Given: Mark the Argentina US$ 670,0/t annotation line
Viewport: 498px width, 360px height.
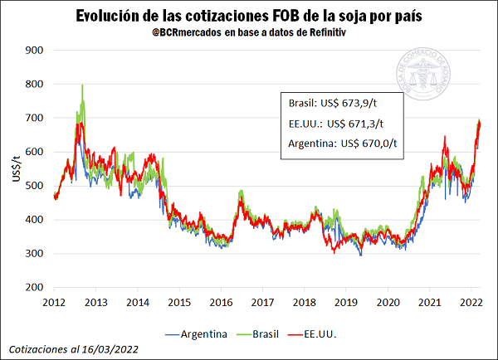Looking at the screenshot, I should tap(341, 143).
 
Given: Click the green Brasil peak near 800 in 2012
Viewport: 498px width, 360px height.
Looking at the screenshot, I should tap(82, 85).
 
